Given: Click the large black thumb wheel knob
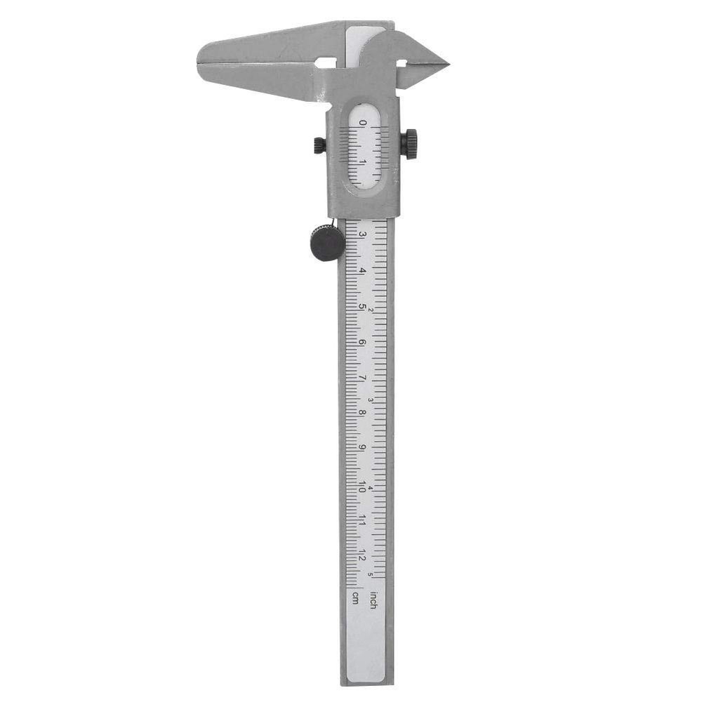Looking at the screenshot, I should pyautogui.click(x=327, y=244).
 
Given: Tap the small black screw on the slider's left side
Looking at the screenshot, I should pyautogui.click(x=319, y=145).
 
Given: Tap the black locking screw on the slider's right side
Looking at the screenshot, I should pyautogui.click(x=409, y=143).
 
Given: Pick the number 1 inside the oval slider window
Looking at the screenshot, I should pyautogui.click(x=362, y=161).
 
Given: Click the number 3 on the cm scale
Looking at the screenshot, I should pyautogui.click(x=362, y=234).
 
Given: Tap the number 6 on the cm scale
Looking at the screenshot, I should pyautogui.click(x=362, y=342).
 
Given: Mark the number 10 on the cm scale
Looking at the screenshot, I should pyautogui.click(x=362, y=485).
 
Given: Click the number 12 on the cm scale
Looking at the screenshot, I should pyautogui.click(x=362, y=555).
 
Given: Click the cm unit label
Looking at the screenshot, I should pyautogui.click(x=355, y=597).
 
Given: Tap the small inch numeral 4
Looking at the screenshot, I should pyautogui.click(x=371, y=488).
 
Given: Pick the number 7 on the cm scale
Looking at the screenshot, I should pyautogui.click(x=362, y=378).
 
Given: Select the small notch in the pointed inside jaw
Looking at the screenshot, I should pyautogui.click(x=402, y=63).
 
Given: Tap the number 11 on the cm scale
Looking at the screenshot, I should pyautogui.click(x=362, y=520).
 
